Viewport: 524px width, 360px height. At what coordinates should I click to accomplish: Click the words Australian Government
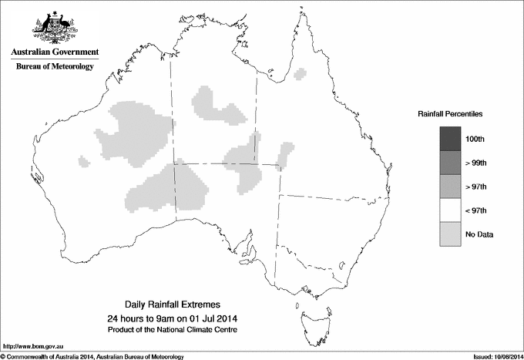[x=54, y=52]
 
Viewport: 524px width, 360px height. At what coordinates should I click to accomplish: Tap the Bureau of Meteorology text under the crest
[x=55, y=67]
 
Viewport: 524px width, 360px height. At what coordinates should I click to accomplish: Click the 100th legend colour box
[x=450, y=139]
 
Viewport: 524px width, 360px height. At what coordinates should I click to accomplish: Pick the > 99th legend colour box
[x=450, y=163]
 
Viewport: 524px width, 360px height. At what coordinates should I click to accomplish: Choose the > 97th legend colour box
[x=450, y=187]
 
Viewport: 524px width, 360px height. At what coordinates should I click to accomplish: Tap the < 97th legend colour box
[x=450, y=210]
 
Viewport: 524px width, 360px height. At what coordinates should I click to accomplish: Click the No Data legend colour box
[x=450, y=234]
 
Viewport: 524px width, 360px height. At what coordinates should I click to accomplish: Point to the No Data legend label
[x=479, y=234]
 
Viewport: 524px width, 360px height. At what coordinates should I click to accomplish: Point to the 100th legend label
[x=475, y=139]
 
